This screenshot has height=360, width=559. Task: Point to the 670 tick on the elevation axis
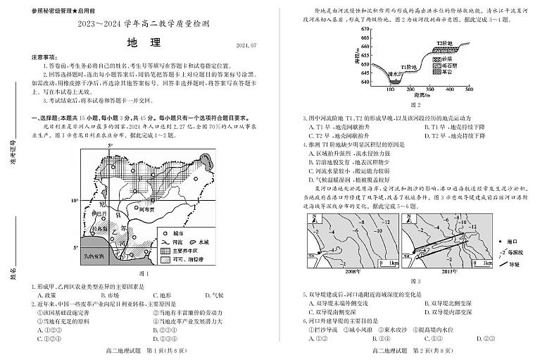[363, 30]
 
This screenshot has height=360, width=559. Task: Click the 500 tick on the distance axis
[470, 89]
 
